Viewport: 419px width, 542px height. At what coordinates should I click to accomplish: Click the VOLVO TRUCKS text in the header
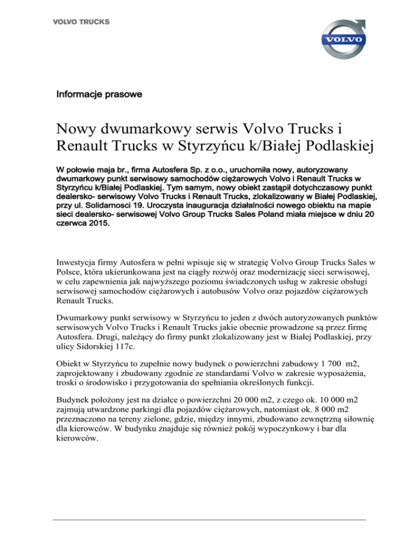click(x=81, y=22)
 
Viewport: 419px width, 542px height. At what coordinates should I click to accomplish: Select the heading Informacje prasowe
click(x=99, y=95)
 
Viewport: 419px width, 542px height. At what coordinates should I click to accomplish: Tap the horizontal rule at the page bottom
click(x=209, y=520)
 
